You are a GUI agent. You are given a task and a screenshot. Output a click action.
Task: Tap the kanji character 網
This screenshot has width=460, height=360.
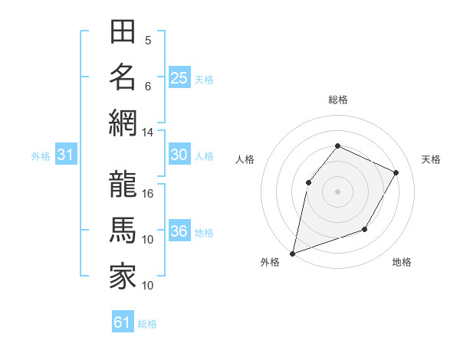pos(123,123)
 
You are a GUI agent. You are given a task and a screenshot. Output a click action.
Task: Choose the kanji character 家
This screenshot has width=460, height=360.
pos(123,276)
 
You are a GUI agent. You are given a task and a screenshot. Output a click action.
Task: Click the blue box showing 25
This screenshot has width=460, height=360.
pos(179,77)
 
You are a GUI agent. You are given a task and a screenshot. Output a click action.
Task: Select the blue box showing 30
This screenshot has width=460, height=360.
pos(179,155)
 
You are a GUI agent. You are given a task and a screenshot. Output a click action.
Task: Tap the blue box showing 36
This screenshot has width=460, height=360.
pos(179,232)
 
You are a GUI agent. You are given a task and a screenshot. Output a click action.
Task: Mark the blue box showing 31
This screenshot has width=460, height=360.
pos(65,155)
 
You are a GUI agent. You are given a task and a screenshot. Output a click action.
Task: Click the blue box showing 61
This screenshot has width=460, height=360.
pos(122,322)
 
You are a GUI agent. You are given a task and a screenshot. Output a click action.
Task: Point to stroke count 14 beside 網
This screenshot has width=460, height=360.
pos(148,132)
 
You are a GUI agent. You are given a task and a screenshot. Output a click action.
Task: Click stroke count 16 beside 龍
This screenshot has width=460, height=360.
pos(148,193)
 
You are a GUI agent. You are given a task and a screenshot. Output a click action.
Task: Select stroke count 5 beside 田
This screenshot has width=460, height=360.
pos(148,41)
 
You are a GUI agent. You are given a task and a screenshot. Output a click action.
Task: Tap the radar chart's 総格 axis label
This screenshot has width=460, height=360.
pos(337,100)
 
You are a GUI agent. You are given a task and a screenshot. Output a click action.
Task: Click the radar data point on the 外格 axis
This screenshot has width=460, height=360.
pos(292,253)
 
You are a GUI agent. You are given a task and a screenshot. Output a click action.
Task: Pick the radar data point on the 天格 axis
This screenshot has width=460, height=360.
pos(396,172)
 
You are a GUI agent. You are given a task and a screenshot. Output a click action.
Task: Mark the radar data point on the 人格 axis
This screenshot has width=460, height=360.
pos(308,182)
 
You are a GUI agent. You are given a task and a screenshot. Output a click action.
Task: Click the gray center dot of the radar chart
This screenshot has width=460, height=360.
pos(337,191)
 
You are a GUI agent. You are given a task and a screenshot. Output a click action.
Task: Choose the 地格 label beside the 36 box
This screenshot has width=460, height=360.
pos(204,233)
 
